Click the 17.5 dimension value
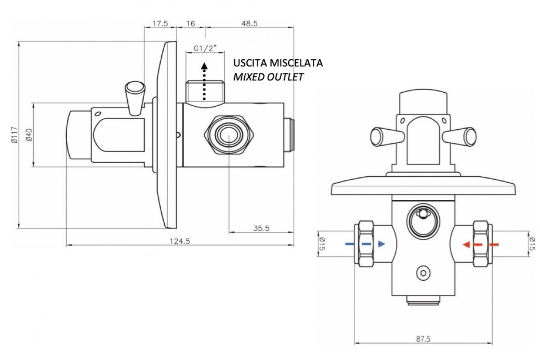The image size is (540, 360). (x=160, y=23)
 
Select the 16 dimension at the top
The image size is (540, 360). (x=190, y=23)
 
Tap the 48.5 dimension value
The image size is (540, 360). (x=249, y=23)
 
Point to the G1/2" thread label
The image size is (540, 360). (x=205, y=49)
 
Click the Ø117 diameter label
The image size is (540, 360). (x=14, y=135)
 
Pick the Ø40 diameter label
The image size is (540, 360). (x=29, y=135)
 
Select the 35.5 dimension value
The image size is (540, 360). (x=261, y=228)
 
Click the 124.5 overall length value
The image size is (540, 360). (x=180, y=241)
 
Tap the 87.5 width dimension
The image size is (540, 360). (x=423, y=339)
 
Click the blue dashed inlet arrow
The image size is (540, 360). (x=365, y=244)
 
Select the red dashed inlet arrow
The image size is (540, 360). (x=481, y=245)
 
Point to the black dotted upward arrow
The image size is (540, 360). (x=204, y=81)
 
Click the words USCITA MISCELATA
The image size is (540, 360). (x=278, y=63)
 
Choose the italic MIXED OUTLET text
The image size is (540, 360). (x=268, y=77)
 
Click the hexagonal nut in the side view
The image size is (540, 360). (x=229, y=135)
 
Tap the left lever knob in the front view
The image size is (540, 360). (x=387, y=136)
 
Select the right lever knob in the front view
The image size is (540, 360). (x=459, y=136)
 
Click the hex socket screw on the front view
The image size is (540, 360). (x=423, y=273)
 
